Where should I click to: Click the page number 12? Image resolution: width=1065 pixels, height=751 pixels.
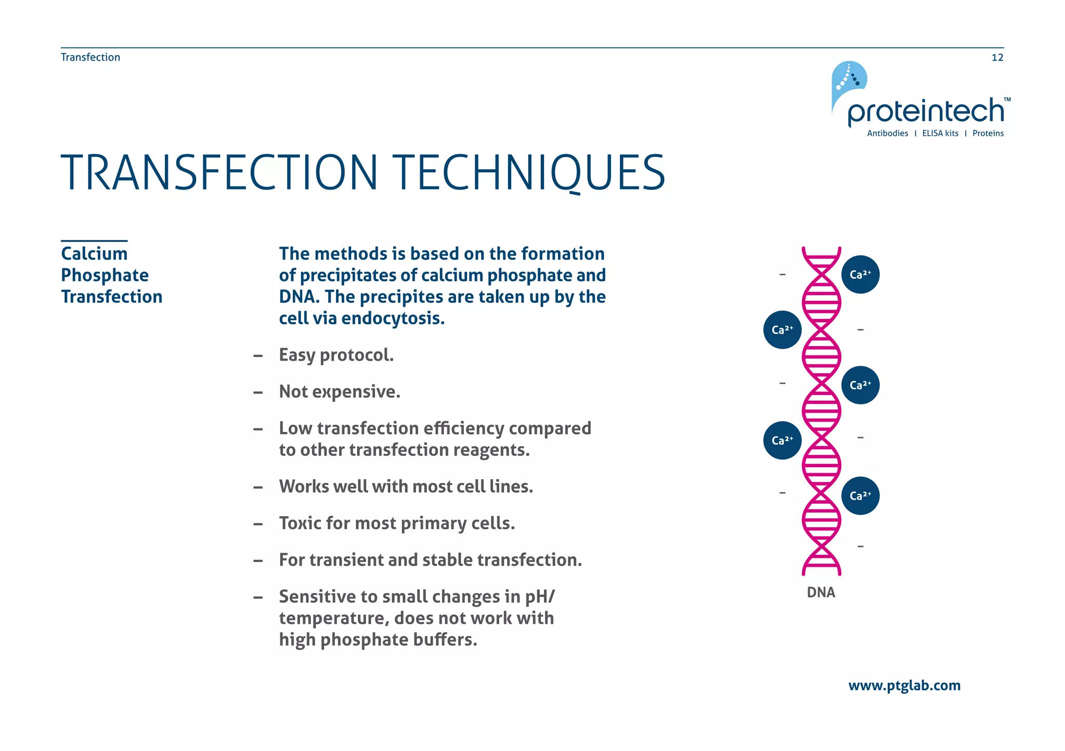tap(997, 57)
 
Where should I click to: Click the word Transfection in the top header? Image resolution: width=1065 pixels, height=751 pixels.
tap(90, 57)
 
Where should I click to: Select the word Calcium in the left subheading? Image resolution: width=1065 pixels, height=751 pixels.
tap(94, 253)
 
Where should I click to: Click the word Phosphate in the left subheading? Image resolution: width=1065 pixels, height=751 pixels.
tap(105, 275)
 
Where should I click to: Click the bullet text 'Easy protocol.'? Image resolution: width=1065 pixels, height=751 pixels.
tap(336, 355)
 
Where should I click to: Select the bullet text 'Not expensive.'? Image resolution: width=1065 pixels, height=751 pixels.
tap(340, 391)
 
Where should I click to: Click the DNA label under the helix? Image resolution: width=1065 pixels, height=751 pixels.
tap(821, 592)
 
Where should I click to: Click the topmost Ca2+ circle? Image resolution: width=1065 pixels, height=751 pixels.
tap(860, 274)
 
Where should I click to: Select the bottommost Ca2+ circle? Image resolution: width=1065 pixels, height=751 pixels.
tap(860, 495)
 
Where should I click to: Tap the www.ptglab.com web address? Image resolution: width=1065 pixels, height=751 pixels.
tap(904, 685)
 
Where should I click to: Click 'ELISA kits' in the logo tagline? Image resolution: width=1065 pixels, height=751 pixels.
tap(940, 133)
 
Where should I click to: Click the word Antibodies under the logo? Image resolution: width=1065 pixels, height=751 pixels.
tap(887, 133)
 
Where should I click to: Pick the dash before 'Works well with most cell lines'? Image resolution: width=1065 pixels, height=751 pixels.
tap(257, 487)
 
